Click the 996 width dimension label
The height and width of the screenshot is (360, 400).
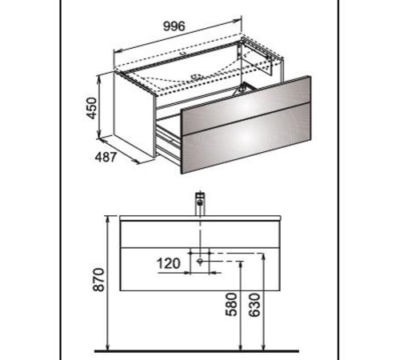(174, 26)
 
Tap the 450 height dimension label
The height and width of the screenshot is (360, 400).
(91, 108)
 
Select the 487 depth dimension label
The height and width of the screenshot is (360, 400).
(106, 157)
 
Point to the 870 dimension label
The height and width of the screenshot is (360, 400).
(98, 280)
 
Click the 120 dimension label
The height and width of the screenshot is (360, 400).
(169, 264)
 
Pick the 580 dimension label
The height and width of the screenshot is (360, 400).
(231, 305)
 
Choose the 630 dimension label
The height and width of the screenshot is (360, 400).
(254, 305)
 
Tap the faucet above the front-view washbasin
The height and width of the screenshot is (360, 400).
(200, 203)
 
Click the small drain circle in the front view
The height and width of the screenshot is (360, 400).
(200, 261)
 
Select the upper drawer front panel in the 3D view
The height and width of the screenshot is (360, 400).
(246, 105)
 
